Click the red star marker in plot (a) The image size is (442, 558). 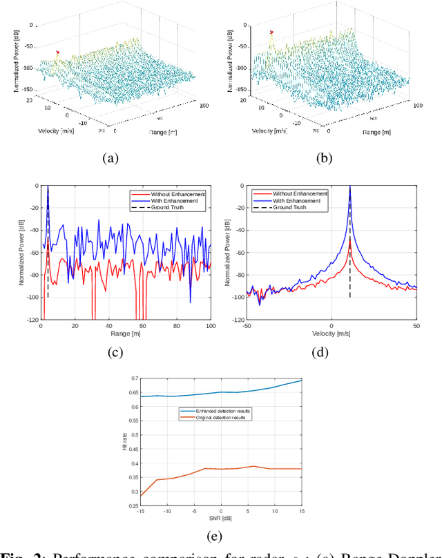pyautogui.click(x=58, y=52)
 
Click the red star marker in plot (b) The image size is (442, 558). pyautogui.click(x=271, y=32)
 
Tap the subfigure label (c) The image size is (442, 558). pyautogui.click(x=115, y=353)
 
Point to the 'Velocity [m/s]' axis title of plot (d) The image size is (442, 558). pyautogui.click(x=331, y=334)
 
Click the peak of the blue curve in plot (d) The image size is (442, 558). pyautogui.click(x=350, y=187)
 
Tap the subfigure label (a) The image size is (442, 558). pyautogui.click(x=110, y=158)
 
